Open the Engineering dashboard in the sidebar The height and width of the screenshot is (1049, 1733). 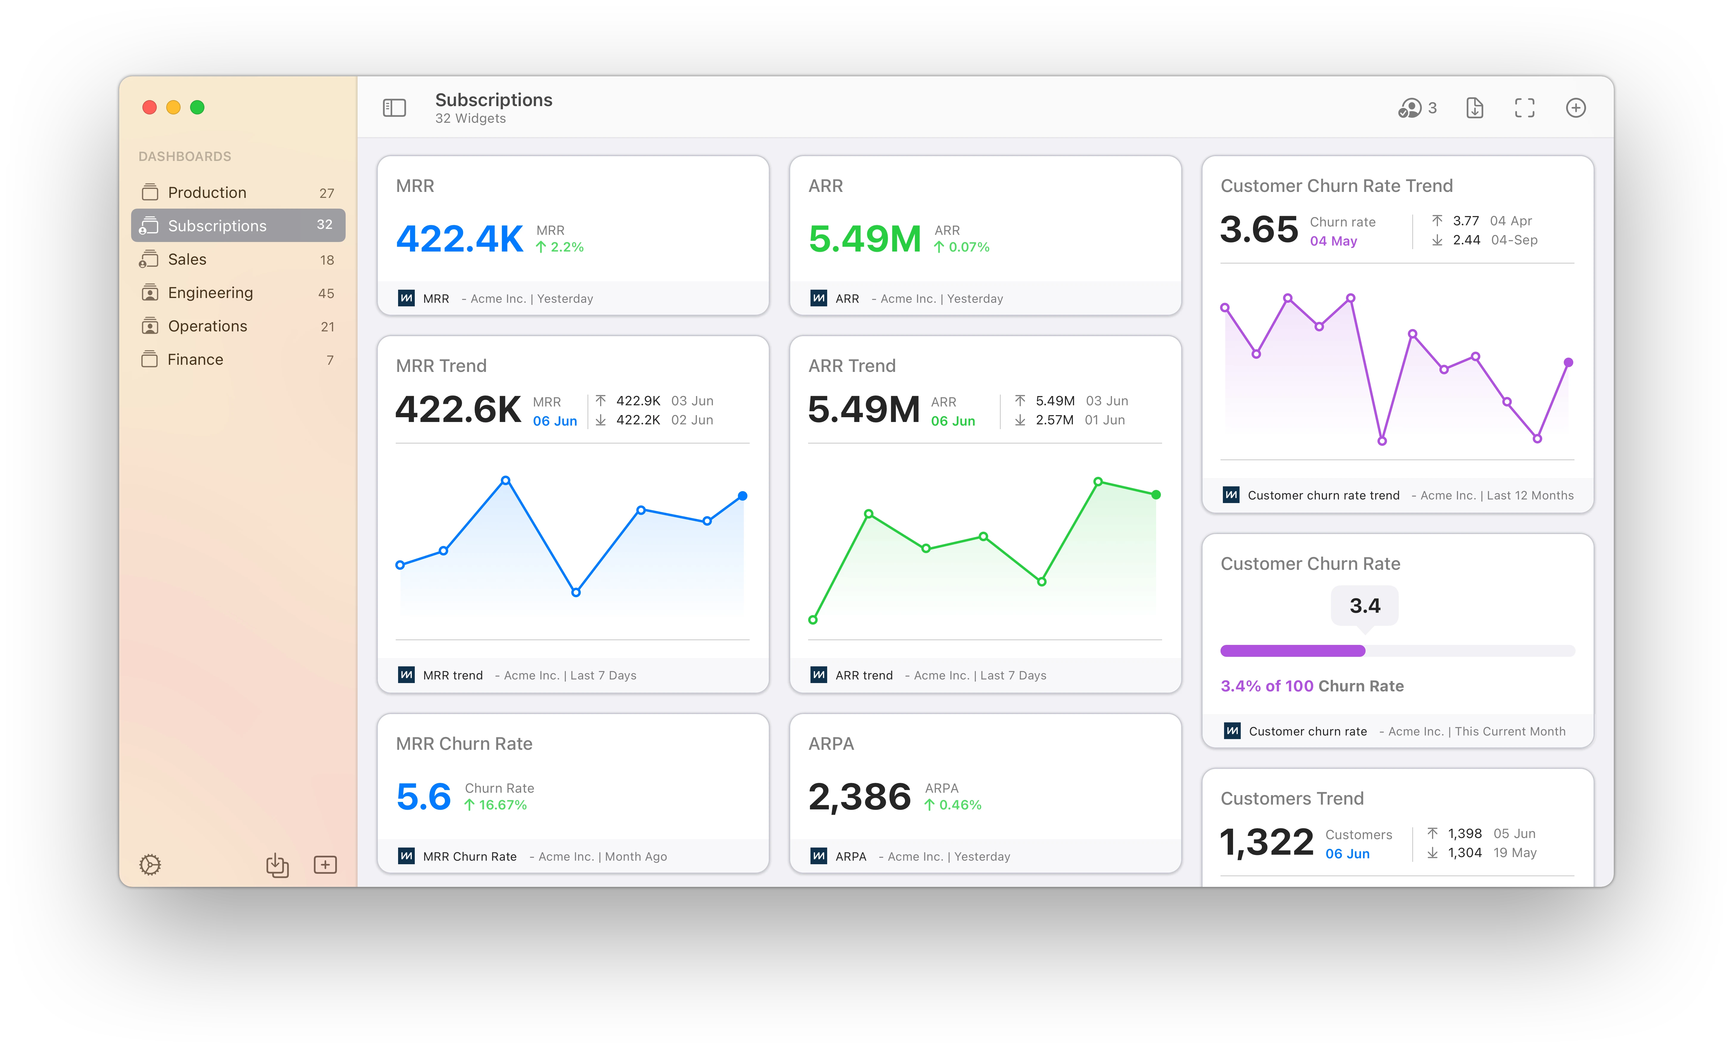click(x=210, y=293)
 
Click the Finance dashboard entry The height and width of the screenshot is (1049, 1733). click(x=195, y=359)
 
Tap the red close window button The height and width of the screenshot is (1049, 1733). click(x=149, y=107)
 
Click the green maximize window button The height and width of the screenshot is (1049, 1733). click(x=198, y=107)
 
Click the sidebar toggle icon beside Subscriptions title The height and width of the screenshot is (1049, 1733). click(x=395, y=108)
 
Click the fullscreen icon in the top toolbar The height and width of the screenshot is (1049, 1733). click(x=1524, y=108)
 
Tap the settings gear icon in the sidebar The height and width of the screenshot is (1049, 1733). click(x=150, y=865)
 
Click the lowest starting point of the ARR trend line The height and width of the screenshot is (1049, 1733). click(x=813, y=620)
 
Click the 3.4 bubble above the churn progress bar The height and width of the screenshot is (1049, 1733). click(x=1364, y=606)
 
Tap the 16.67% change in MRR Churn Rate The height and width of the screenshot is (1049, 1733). click(x=496, y=805)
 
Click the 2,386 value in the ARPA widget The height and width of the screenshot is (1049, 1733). click(x=859, y=797)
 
